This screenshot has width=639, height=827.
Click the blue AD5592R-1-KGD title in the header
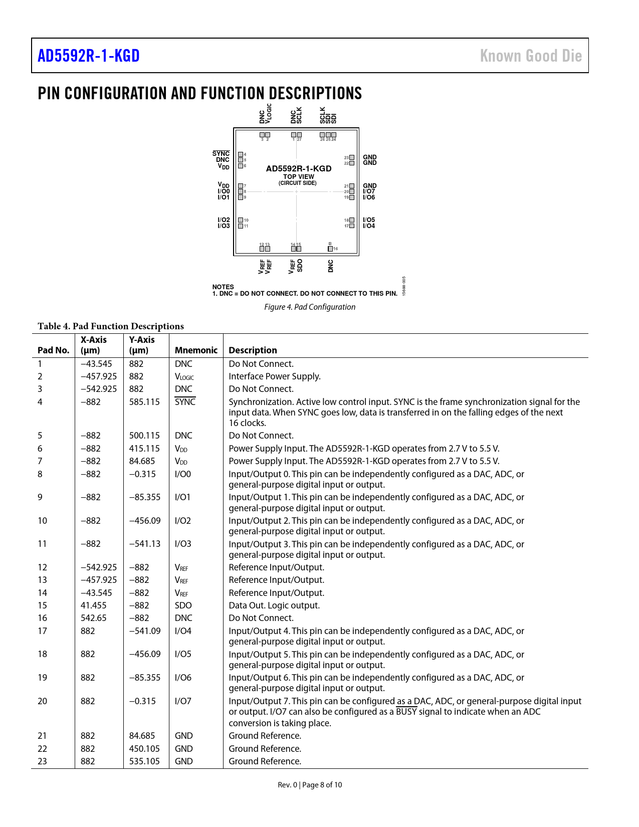click(89, 56)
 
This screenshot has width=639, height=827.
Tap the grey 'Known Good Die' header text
click(531, 56)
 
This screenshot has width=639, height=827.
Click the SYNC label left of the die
click(221, 154)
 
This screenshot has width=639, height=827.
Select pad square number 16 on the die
click(330, 249)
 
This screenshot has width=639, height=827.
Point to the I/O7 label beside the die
click(369, 191)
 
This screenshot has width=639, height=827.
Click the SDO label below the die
click(300, 265)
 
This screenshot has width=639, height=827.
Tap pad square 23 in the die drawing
click(352, 157)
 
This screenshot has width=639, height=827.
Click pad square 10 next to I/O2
click(241, 220)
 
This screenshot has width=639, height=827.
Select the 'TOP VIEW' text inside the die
click(299, 176)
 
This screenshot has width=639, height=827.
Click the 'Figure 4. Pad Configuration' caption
click(310, 307)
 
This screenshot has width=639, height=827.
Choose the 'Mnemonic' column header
click(196, 350)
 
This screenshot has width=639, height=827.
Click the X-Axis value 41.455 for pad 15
click(94, 605)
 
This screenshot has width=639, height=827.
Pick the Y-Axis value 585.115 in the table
click(144, 401)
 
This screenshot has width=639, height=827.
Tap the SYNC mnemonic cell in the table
click(185, 401)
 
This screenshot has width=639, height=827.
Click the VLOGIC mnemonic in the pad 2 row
click(184, 377)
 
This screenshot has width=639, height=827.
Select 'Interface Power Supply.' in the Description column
click(275, 376)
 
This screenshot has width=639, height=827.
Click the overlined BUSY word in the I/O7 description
click(406, 712)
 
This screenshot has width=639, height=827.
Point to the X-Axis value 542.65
click(94, 618)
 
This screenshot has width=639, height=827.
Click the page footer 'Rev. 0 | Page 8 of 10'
click(310, 785)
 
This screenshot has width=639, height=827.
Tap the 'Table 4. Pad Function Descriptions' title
click(111, 326)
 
